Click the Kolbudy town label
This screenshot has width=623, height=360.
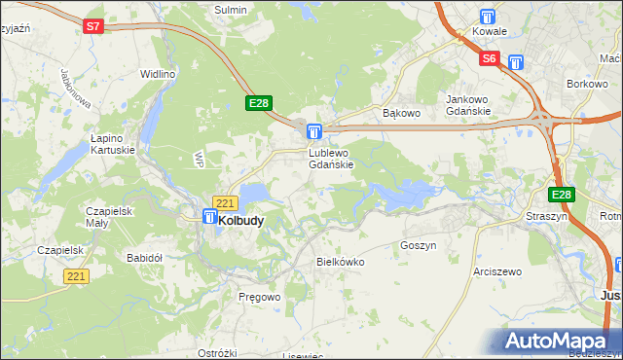pos(241,221)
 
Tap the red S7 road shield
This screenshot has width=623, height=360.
pos(92,27)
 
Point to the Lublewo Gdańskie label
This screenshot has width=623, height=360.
pos(337,159)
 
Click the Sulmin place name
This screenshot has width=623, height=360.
pos(231,9)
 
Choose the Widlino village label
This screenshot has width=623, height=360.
pos(158,74)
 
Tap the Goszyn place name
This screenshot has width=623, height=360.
pos(418,246)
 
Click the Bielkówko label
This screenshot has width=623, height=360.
pos(340,262)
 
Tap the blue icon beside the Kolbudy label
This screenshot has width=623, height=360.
pos(209,219)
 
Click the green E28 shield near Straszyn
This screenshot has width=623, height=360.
pos(563,195)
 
